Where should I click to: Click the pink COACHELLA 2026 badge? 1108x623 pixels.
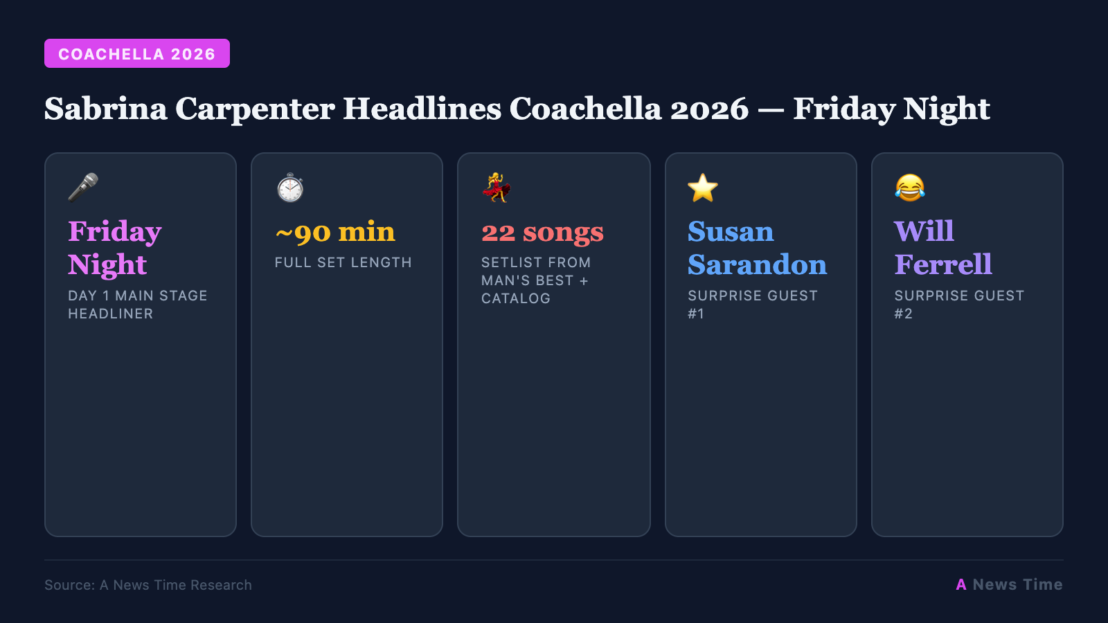pyautogui.click(x=136, y=54)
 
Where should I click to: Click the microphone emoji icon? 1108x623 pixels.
pyautogui.click(x=83, y=187)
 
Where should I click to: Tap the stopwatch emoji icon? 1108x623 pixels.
pyautogui.click(x=290, y=188)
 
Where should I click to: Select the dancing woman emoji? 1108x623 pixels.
pyautogui.click(x=497, y=188)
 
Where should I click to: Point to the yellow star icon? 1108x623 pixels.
pyautogui.click(x=703, y=188)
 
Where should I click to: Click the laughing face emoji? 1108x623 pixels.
pyautogui.click(x=909, y=188)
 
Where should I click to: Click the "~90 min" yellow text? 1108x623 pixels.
pyautogui.click(x=335, y=232)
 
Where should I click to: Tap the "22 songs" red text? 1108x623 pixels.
pyautogui.click(x=542, y=232)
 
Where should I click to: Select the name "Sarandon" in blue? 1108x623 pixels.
pyautogui.click(x=757, y=264)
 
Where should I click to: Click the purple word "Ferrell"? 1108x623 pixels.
pyautogui.click(x=943, y=264)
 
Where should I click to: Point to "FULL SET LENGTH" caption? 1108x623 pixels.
pyautogui.click(x=343, y=262)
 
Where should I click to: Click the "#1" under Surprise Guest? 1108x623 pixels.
pyautogui.click(x=696, y=314)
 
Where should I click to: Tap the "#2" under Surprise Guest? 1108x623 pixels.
pyautogui.click(x=903, y=314)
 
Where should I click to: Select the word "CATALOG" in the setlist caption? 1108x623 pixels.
pyautogui.click(x=516, y=298)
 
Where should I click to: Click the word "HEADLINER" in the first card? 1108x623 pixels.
pyautogui.click(x=111, y=314)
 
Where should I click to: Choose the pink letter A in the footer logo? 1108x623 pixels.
pyautogui.click(x=961, y=585)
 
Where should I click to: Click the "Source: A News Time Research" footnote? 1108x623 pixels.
pyautogui.click(x=148, y=585)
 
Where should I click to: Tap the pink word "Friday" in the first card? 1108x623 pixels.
pyautogui.click(x=115, y=232)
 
